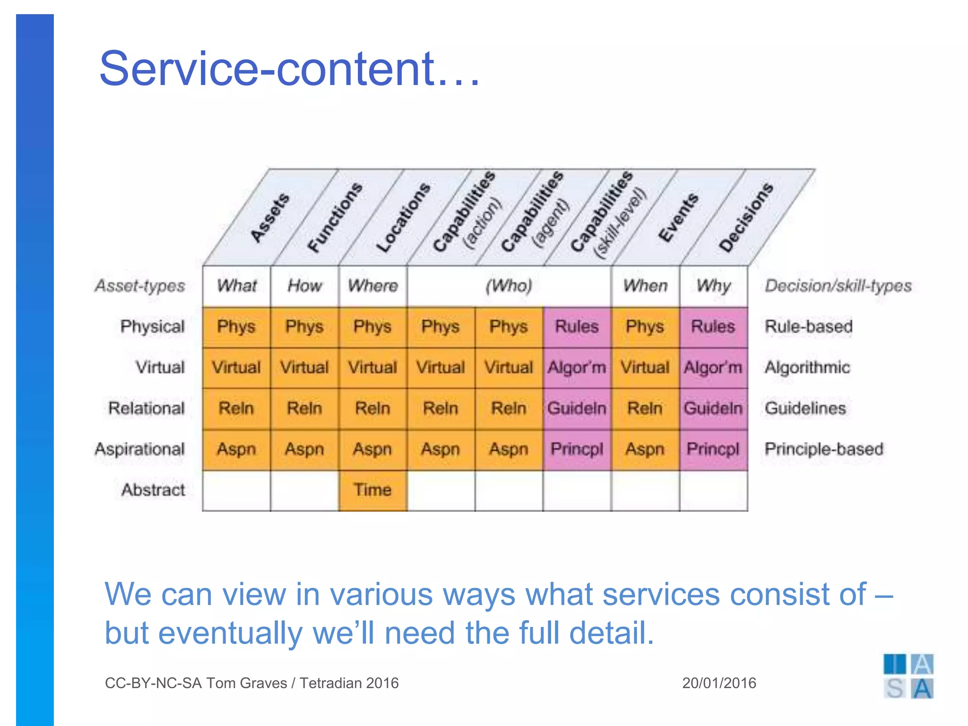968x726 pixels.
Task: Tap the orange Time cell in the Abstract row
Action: pyautogui.click(x=372, y=490)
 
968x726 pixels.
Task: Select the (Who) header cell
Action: pyautogui.click(x=509, y=286)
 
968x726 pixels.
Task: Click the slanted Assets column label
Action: pyautogui.click(x=269, y=217)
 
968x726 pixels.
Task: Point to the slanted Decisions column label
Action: pyautogui.click(x=745, y=217)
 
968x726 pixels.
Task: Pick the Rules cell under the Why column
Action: pyautogui.click(x=713, y=327)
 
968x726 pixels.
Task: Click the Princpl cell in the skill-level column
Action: pyautogui.click(x=577, y=449)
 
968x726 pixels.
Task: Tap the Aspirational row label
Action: pyautogui.click(x=139, y=449)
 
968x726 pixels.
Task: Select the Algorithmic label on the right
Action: pyautogui.click(x=807, y=367)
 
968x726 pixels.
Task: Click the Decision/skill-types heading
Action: pyautogui.click(x=838, y=286)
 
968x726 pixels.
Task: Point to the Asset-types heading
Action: pyautogui.click(x=140, y=286)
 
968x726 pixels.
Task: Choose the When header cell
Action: pyautogui.click(x=645, y=286)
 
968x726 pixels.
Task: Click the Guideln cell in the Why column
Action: pyautogui.click(x=713, y=408)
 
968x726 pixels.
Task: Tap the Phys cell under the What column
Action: pyautogui.click(x=236, y=327)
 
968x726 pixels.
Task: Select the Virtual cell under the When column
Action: pyautogui.click(x=645, y=367)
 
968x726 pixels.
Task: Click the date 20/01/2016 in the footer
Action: pyautogui.click(x=719, y=683)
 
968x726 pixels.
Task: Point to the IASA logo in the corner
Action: pyautogui.click(x=908, y=676)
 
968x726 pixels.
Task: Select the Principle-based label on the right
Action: pyautogui.click(x=823, y=449)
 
